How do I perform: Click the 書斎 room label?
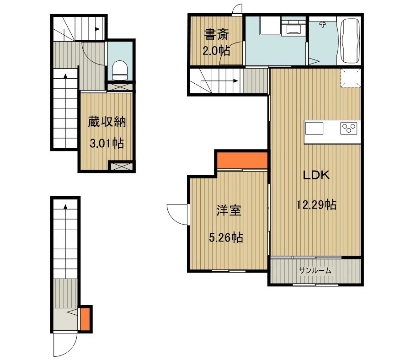216,35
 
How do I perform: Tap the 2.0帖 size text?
216,50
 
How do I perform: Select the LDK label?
316,175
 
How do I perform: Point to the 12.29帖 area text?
316,204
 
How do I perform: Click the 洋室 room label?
229,210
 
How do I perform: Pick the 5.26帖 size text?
226,237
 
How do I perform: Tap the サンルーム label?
315,270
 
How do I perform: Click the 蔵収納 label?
107,122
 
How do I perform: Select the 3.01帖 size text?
107,143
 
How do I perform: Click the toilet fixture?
120,70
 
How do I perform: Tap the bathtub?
350,41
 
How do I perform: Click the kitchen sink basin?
314,129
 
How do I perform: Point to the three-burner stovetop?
349,129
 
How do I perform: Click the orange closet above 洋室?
242,161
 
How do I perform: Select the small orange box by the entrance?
85,319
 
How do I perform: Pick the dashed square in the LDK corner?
351,78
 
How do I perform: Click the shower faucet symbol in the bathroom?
323,25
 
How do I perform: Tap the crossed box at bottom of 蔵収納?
120,166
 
